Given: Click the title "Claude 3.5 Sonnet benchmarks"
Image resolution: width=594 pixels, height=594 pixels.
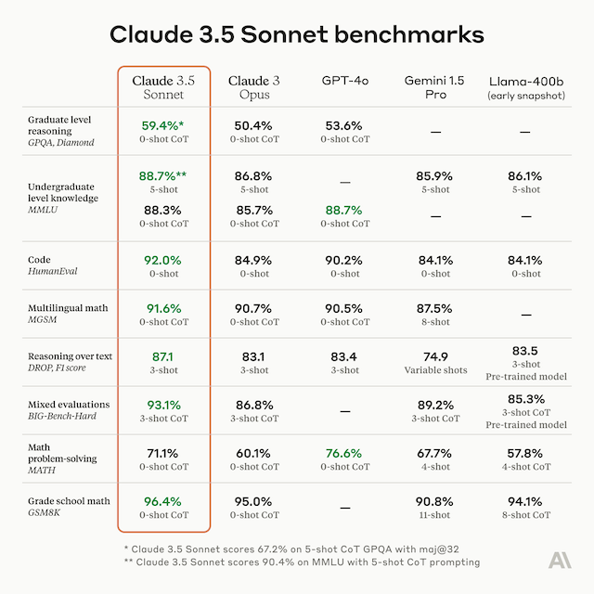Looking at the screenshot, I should [297, 34].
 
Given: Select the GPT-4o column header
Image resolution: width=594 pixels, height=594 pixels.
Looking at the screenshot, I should [344, 81].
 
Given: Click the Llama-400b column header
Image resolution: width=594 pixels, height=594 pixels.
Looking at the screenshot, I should [525, 88].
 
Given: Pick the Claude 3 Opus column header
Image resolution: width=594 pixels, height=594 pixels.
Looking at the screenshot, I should [253, 88].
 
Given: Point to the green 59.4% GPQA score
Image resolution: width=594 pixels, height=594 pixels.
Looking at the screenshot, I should [163, 125].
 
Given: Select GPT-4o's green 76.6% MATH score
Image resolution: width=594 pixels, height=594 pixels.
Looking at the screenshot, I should [344, 453].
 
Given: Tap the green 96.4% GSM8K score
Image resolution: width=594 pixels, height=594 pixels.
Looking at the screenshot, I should [163, 501].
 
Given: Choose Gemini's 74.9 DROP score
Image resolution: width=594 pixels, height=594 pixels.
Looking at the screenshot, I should [435, 356].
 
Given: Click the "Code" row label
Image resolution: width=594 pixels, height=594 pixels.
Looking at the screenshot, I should [38, 260].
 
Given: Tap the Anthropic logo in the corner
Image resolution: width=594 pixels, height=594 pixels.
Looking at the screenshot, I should [560, 560].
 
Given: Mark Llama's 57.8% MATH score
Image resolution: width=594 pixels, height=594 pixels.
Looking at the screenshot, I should [525, 453].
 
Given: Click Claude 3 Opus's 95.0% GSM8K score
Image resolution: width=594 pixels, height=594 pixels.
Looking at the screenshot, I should [253, 501].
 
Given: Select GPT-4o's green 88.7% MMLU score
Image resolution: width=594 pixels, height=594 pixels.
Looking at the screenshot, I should [344, 210].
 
